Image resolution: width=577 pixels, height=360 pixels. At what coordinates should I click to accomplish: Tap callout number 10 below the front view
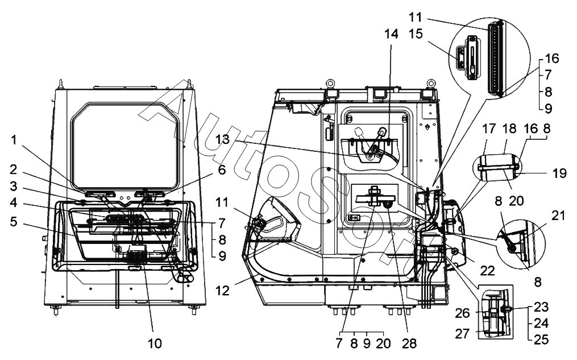click(x=155, y=343)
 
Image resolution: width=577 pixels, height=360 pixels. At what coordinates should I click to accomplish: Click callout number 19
click(x=559, y=173)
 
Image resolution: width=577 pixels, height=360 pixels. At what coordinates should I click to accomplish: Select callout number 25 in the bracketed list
click(x=541, y=340)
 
